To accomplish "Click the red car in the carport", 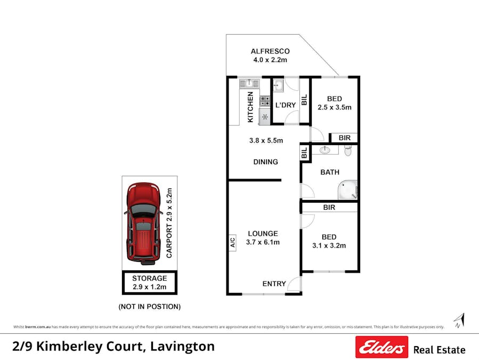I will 143,223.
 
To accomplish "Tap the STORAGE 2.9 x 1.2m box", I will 149,283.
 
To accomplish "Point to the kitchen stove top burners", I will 265,100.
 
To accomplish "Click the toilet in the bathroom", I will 348,151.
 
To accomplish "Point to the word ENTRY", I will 274,284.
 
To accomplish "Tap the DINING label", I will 265,162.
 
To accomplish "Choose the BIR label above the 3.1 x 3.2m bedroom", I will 329,207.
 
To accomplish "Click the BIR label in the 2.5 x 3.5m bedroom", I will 345,138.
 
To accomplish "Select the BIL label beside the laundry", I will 304,100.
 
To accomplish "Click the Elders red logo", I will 381,347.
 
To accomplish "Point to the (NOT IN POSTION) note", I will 149,307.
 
